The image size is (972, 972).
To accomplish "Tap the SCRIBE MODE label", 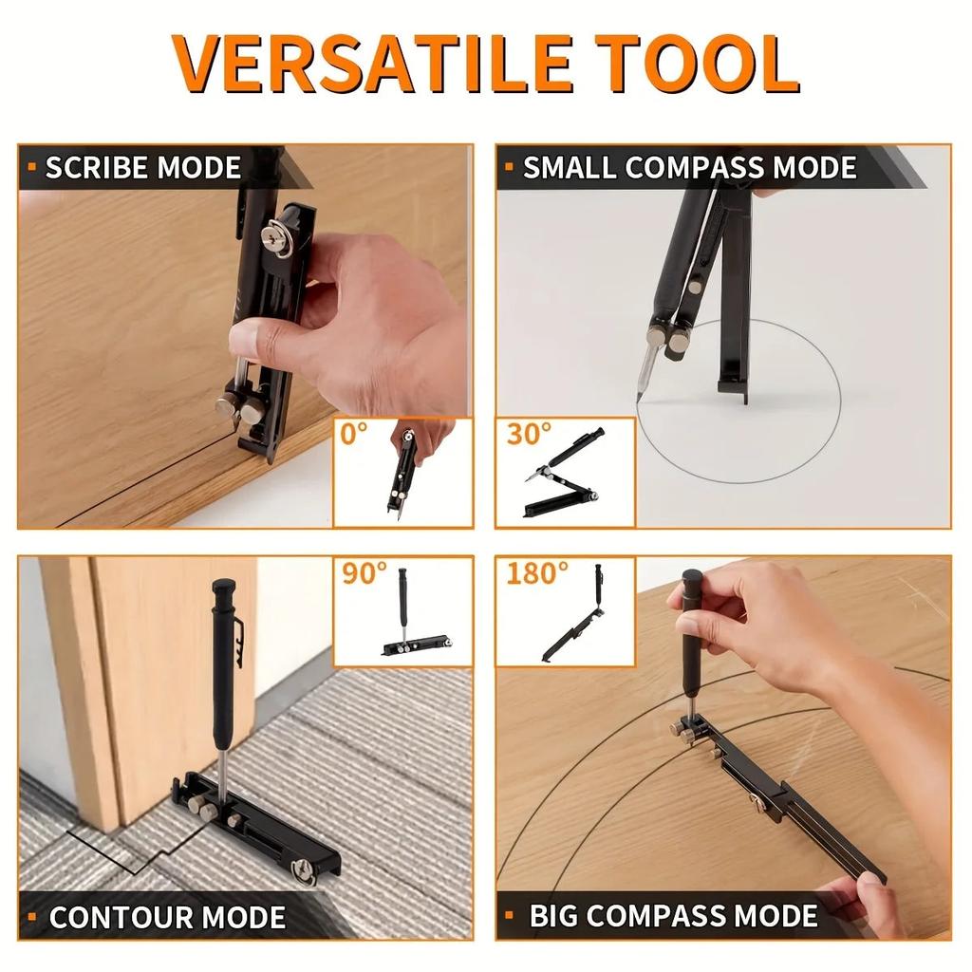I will pos(143,168).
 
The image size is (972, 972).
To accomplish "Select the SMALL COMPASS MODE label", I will pos(690,168).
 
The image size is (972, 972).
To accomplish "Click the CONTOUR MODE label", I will pos(167,917).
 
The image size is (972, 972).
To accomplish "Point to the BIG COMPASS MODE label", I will pos(673,916).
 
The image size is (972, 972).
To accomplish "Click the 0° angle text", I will pos(354,435).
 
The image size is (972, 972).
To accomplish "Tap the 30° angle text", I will pos(529,434).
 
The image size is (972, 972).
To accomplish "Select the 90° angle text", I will pos(365,573).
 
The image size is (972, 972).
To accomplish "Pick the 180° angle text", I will pos(537,573).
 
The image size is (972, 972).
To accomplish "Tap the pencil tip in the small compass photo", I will pos(640,394).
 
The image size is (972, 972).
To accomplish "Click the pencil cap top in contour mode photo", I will pos(224,587).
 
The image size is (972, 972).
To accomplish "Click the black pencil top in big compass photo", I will pos(692,578).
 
